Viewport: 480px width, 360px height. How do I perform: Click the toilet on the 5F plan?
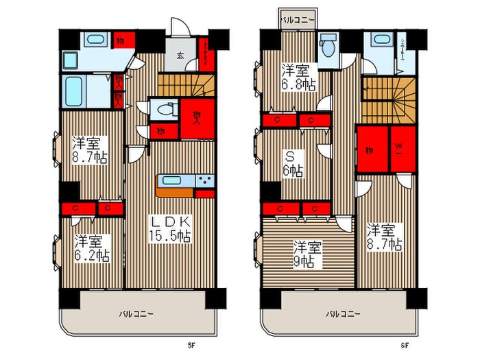click(x=163, y=109)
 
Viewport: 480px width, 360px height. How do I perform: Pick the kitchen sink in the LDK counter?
click(x=172, y=182)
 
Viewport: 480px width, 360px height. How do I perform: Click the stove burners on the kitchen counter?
click(x=204, y=182)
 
